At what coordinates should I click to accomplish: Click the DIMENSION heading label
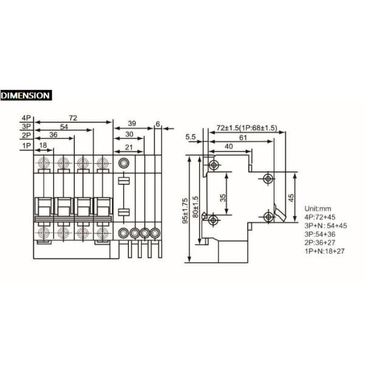coord(26,96)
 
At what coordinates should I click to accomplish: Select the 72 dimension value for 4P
coord(73,118)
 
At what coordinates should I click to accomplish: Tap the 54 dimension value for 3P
coord(64,127)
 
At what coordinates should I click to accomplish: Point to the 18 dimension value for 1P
coord(43,145)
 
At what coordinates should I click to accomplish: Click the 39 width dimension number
coord(132,123)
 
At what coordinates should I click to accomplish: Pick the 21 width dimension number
coord(129,147)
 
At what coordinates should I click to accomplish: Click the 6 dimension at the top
coord(158,124)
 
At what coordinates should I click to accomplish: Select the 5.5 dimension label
coord(190,137)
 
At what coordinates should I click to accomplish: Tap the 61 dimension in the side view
coord(243,137)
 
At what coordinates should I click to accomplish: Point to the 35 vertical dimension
coord(223,198)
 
